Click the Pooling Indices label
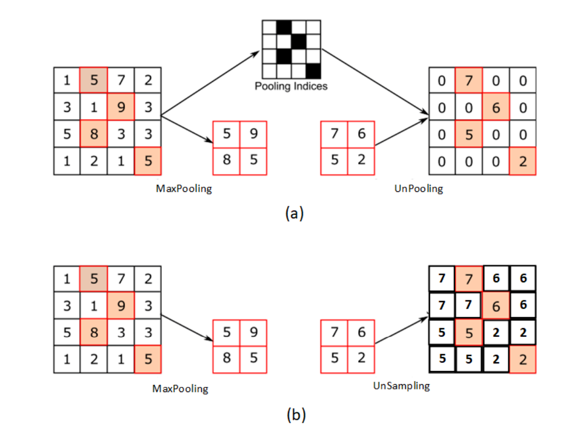pyautogui.click(x=291, y=86)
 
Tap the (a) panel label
pyautogui.click(x=294, y=213)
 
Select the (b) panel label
pyautogui.click(x=296, y=414)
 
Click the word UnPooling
pyautogui.click(x=419, y=189)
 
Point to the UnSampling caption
pyautogui.click(x=401, y=386)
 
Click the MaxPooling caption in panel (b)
pyautogui.click(x=180, y=388)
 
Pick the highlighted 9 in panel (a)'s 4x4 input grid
pyautogui.click(x=120, y=107)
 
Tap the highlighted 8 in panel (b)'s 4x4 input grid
pyautogui.click(x=94, y=332)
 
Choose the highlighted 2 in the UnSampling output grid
pyautogui.click(x=523, y=360)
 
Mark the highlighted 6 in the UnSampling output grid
pyautogui.click(x=496, y=306)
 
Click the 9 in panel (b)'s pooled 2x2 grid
pyautogui.click(x=254, y=333)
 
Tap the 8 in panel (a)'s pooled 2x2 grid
pyautogui.click(x=227, y=161)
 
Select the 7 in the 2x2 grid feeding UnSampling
pyautogui.click(x=335, y=333)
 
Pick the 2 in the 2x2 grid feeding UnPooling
pyautogui.click(x=362, y=161)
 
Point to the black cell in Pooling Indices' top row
pyautogui.click(x=283, y=27)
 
